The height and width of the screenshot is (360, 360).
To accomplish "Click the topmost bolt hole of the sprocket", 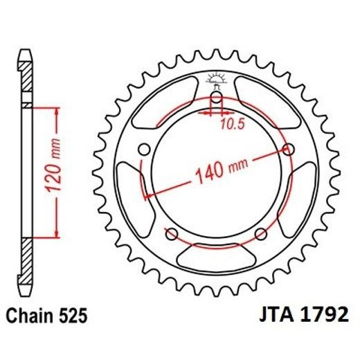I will pyautogui.click(x=216, y=98).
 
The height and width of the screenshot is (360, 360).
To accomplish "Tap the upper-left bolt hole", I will pyautogui.click(x=144, y=149).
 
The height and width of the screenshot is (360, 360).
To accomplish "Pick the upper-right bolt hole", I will pyautogui.click(x=289, y=149).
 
